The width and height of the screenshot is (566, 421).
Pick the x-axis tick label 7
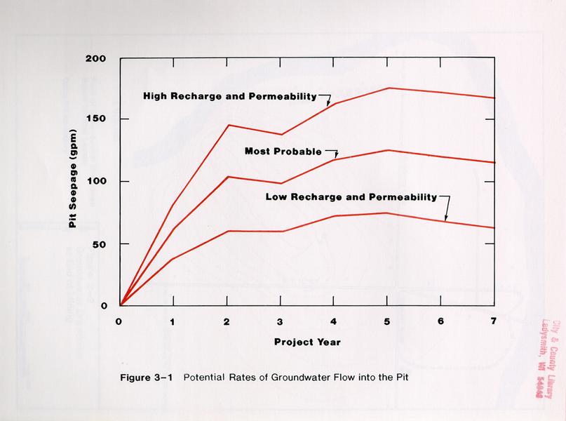pyautogui.click(x=493, y=321)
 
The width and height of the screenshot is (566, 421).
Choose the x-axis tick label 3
pyautogui.click(x=281, y=321)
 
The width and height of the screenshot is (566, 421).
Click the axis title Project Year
pyautogui.click(x=307, y=342)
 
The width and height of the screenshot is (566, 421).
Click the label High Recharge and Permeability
pyautogui.click(x=230, y=95)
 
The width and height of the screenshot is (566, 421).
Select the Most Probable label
pyautogui.click(x=283, y=151)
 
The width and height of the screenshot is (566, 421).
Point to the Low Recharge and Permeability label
pyautogui.click(x=351, y=196)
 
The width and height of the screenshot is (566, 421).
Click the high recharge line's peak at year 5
pyautogui.click(x=388, y=88)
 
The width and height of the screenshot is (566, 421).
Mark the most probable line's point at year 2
pyautogui.click(x=227, y=177)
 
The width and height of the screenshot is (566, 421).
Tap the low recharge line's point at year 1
pyautogui.click(x=173, y=259)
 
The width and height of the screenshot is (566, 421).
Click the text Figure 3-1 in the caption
pyautogui.click(x=150, y=377)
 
